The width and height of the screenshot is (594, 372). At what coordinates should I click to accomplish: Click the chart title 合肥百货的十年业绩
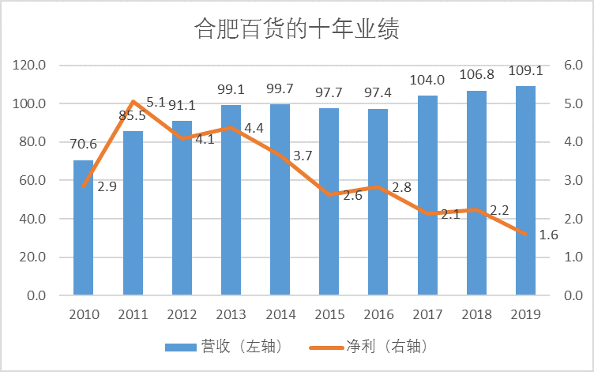click(296, 29)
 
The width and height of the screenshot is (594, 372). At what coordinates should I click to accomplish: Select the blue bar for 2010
click(84, 229)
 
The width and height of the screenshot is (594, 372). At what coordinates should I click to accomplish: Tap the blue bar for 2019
click(526, 191)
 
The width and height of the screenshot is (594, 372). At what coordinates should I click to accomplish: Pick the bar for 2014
click(280, 200)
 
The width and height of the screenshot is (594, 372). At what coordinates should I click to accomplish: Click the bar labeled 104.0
click(427, 196)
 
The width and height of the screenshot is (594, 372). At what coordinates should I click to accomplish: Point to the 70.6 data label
click(84, 144)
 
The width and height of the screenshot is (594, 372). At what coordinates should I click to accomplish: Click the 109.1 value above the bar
click(525, 70)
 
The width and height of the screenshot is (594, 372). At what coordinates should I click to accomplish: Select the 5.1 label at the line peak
click(156, 102)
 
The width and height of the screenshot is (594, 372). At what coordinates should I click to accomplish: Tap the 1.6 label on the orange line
click(548, 235)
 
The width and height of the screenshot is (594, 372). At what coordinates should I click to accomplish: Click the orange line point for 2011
click(133, 101)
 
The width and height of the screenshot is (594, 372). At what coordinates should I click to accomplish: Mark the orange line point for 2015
click(329, 194)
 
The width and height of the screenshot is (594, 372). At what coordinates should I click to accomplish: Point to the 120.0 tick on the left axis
click(30, 66)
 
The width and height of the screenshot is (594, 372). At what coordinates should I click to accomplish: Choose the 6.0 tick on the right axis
click(572, 66)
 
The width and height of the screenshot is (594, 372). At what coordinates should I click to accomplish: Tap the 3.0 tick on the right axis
click(572, 181)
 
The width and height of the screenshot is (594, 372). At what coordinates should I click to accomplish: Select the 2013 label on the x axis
click(231, 314)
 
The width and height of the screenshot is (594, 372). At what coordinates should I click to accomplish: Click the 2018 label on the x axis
click(477, 314)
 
